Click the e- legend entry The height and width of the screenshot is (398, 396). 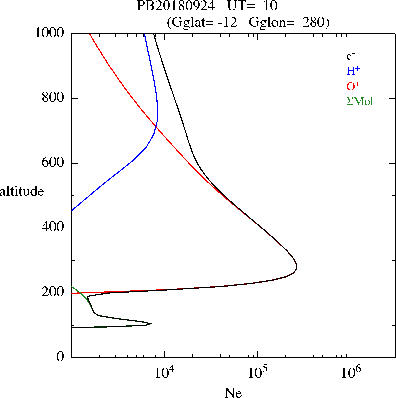pos(351,57)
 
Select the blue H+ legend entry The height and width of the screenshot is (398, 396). pos(353,71)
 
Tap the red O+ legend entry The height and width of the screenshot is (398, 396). pos(353,86)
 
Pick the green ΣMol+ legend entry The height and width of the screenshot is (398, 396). pos(362,100)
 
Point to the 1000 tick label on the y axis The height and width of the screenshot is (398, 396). pos(50,33)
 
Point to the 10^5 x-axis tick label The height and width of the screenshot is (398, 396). pos(257,373)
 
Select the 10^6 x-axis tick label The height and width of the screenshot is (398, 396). pos(350,373)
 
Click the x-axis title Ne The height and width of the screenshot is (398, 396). pos(233,392)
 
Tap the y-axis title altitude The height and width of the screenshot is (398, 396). pos(22,191)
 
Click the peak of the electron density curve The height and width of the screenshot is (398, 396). pos(297,267)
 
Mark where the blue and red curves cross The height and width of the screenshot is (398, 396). pos(156,127)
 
